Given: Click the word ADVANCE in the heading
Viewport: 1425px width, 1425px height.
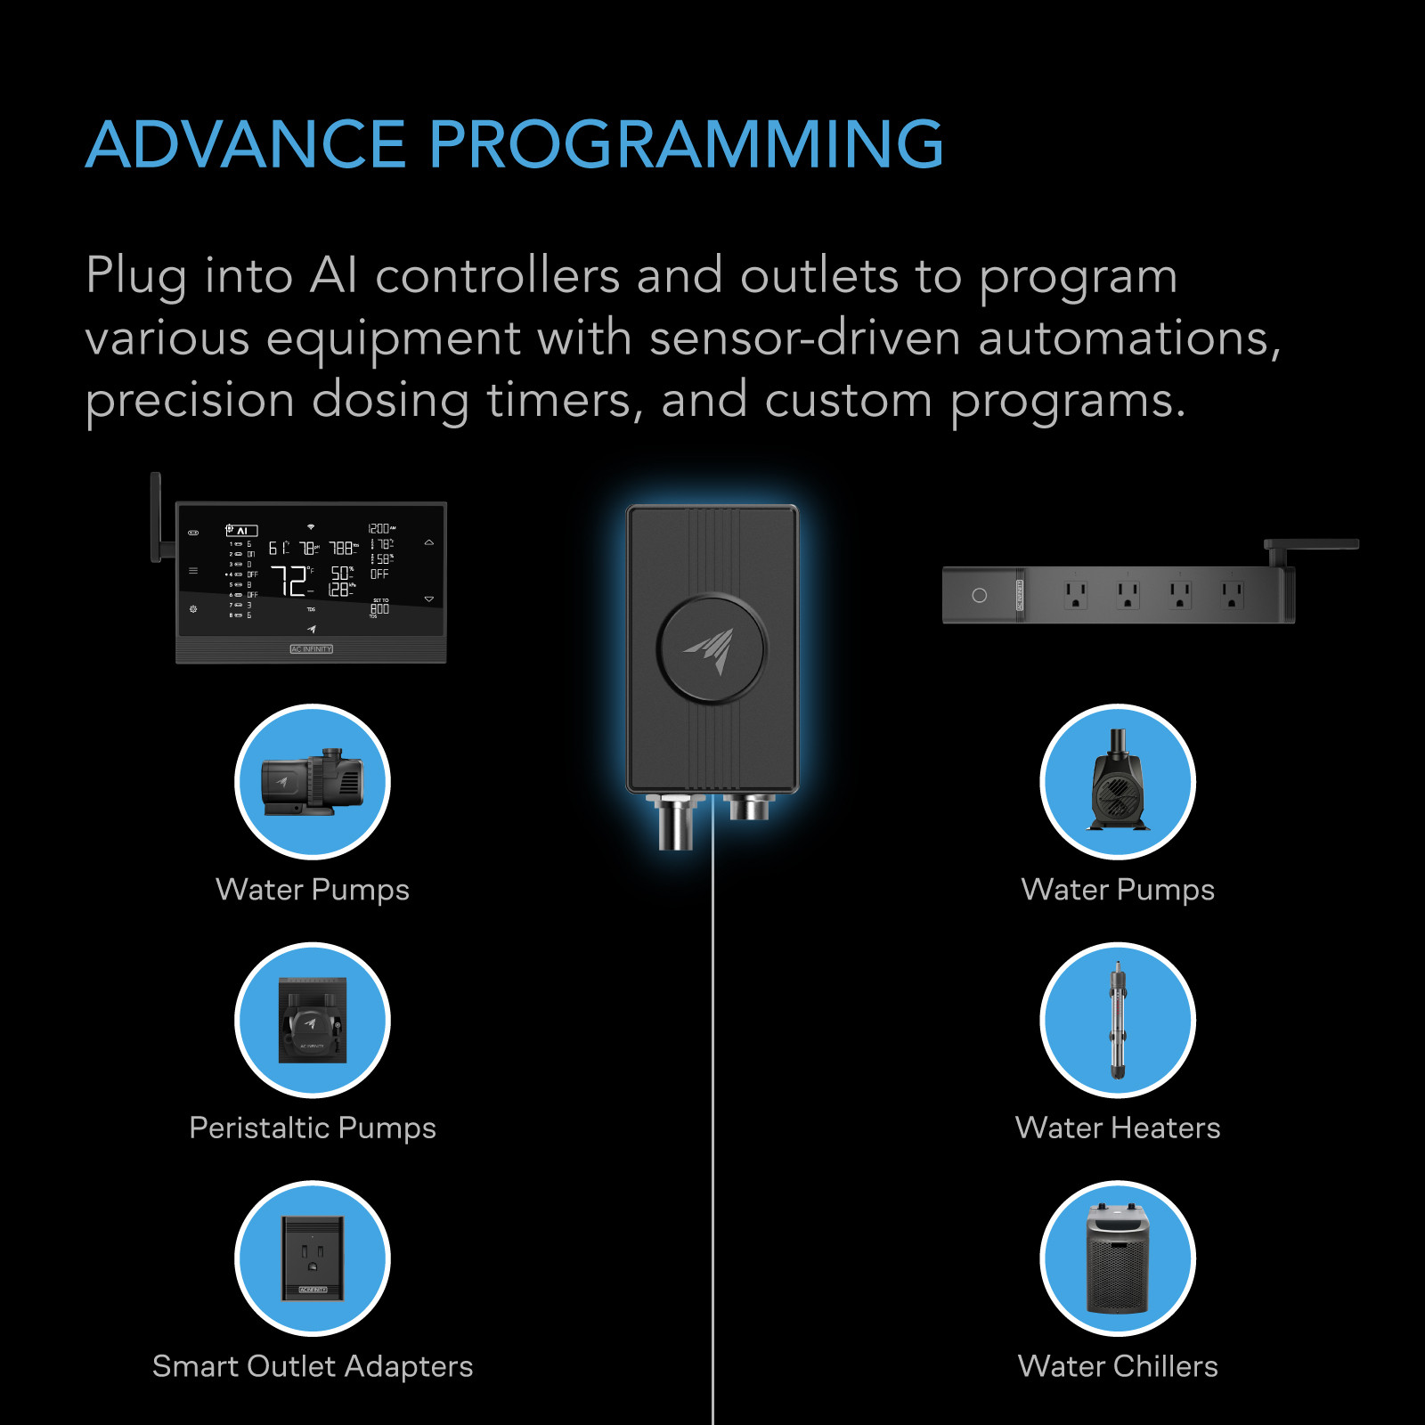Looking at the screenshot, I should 245,144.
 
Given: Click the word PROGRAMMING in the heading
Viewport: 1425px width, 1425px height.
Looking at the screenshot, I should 686,144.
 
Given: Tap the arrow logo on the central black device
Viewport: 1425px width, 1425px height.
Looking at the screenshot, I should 711,649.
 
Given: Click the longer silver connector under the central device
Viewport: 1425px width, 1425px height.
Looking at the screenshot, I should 675,821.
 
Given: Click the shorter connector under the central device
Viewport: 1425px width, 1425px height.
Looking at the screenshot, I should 749,807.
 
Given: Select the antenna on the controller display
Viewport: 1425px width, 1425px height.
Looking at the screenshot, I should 157,517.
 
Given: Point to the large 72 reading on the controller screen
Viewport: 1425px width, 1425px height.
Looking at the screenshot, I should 289,581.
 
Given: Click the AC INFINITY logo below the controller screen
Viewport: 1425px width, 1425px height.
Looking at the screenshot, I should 311,649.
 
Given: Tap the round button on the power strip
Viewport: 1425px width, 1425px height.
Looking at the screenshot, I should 979,595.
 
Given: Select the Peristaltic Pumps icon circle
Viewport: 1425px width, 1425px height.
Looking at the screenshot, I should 313,1020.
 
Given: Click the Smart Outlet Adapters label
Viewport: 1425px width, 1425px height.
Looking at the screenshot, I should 313,1366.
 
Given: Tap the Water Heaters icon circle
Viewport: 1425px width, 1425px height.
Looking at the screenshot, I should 1118,1020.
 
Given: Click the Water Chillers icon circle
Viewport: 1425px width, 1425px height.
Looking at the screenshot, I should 1118,1258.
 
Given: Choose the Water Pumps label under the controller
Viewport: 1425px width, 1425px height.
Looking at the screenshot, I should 313,890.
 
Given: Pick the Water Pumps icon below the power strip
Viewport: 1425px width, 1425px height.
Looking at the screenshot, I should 1118,782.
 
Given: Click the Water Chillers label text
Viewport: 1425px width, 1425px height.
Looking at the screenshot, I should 1118,1366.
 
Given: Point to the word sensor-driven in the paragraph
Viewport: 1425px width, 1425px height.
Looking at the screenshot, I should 804,339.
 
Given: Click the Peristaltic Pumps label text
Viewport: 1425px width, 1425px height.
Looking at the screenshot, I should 313,1128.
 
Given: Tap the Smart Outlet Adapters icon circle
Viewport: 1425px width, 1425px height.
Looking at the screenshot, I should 313,1258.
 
